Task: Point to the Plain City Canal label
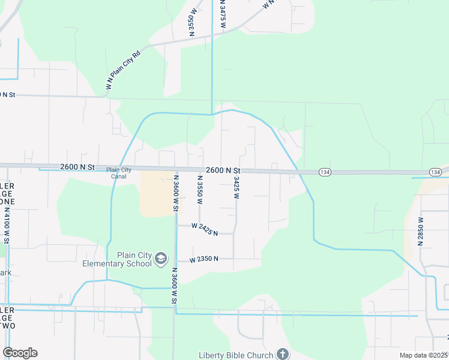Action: coord(119,173)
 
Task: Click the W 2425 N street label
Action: coord(205,228)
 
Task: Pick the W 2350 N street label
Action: coord(203,260)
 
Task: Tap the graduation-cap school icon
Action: coord(160,259)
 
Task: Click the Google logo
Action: coord(20,353)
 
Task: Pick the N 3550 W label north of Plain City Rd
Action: coord(193,22)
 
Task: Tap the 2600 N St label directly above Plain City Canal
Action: coord(77,169)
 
